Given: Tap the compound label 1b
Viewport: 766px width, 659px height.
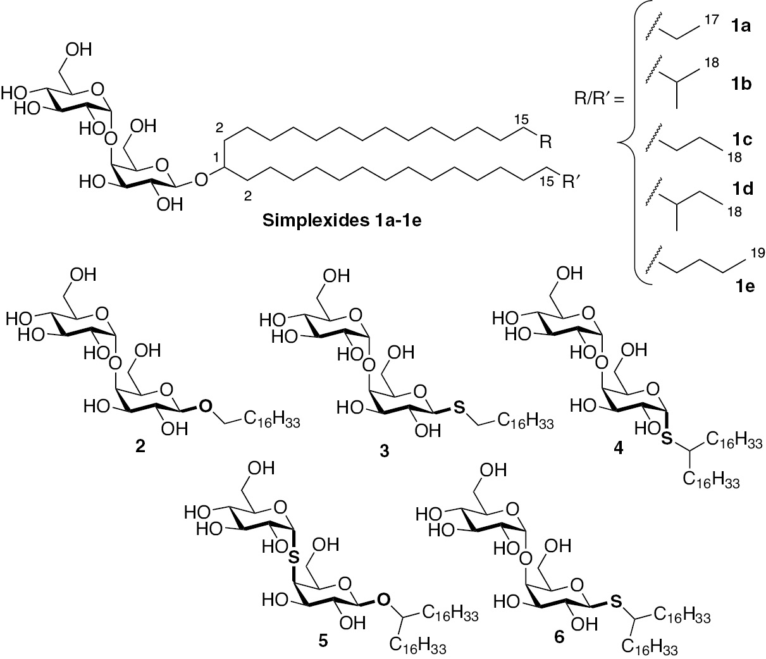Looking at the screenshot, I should pyautogui.click(x=734, y=84).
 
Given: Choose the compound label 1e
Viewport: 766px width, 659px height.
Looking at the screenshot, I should pyautogui.click(x=734, y=286).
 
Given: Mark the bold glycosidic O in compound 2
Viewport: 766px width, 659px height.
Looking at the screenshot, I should pyautogui.click(x=204, y=405).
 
